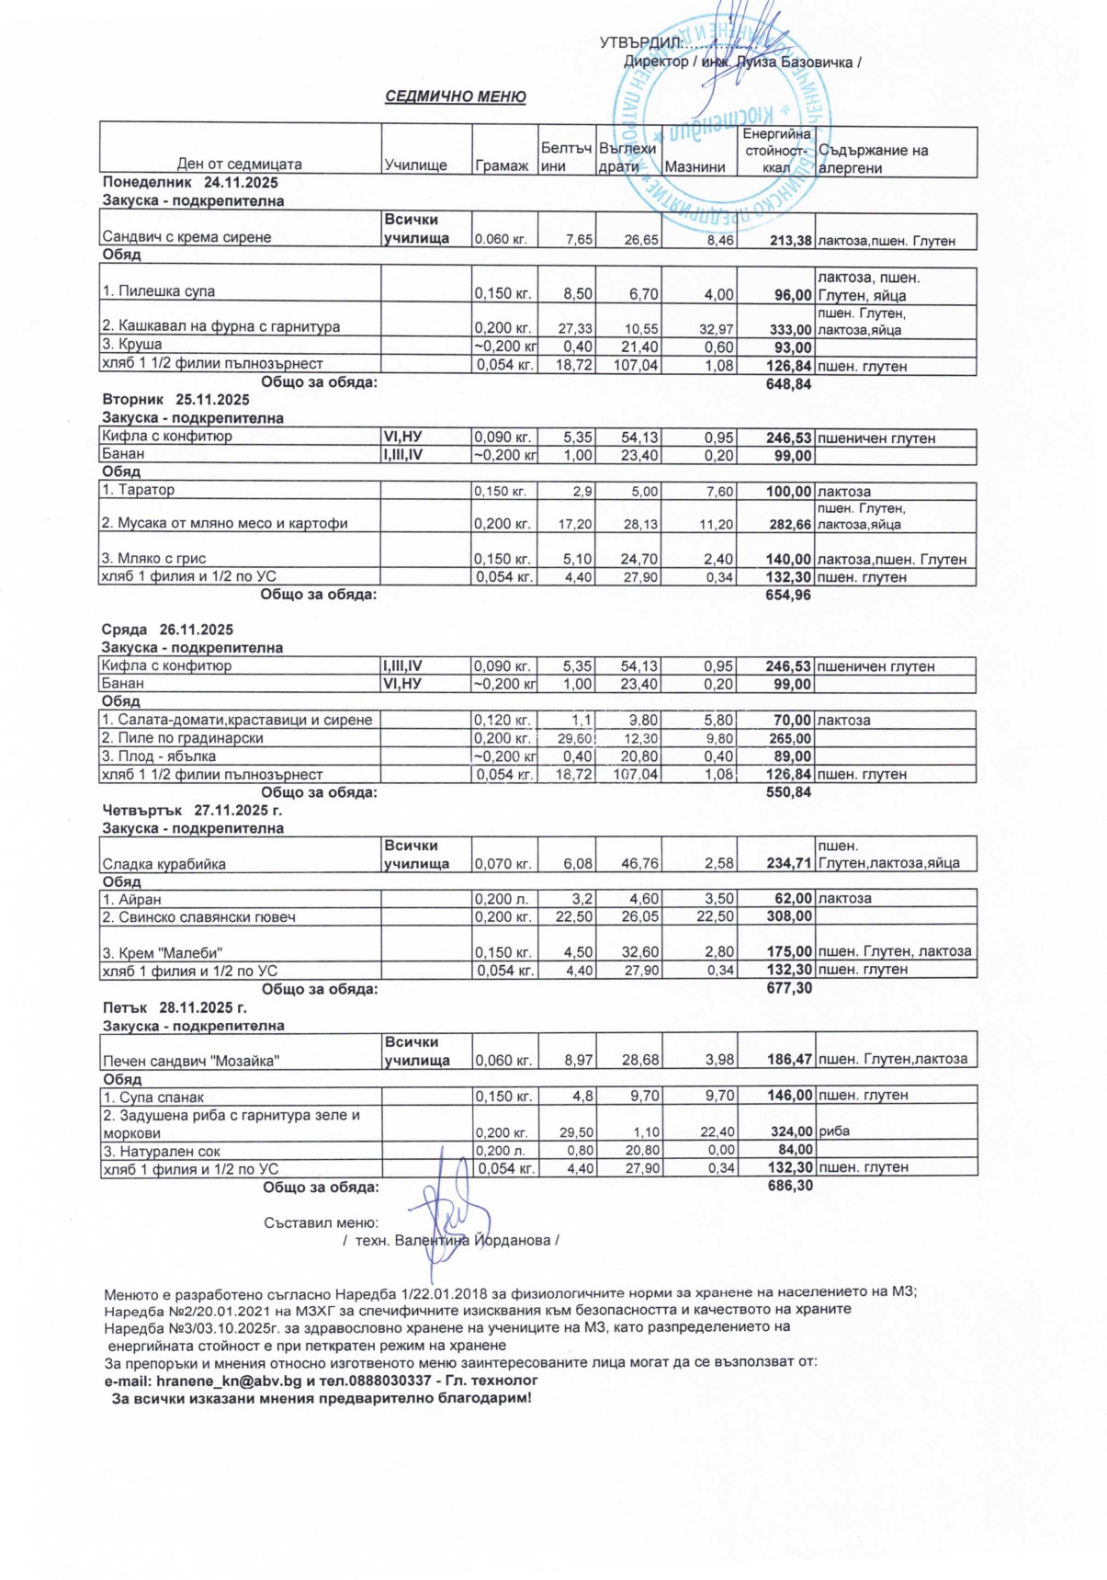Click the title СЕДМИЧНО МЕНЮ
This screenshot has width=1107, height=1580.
[455, 97]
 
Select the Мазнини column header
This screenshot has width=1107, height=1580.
[695, 167]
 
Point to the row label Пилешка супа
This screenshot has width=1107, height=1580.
[158, 291]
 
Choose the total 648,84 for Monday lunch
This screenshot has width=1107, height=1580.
[788, 384]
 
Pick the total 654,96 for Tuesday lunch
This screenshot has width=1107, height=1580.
[788, 596]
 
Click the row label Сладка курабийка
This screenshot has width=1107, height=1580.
[164, 864]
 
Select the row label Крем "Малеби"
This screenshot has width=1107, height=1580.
[162, 952]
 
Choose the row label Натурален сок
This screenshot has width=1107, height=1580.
[161, 1152]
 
